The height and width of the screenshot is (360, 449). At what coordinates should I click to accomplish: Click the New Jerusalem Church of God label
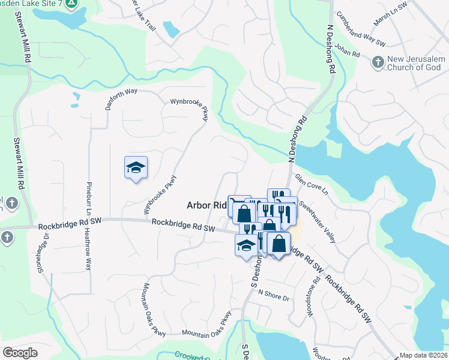tap(414, 63)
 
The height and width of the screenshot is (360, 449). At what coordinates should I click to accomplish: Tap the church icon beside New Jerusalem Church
tap(378, 61)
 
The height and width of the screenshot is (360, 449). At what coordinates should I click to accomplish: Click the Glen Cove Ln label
tap(312, 185)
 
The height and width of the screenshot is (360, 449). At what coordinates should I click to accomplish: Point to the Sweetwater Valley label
tap(318, 221)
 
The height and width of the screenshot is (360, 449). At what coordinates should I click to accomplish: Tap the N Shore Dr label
tap(274, 295)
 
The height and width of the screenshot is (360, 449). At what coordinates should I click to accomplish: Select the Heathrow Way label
tap(88, 249)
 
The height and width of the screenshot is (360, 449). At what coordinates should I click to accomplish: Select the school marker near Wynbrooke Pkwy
tap(136, 167)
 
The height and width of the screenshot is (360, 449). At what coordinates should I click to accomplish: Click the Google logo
tap(20, 353)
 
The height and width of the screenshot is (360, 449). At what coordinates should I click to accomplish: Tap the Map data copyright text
tap(423, 355)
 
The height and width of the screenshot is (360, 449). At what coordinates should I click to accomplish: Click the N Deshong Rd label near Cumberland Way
tap(331, 49)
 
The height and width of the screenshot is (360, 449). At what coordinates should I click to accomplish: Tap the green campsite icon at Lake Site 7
tap(71, 4)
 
